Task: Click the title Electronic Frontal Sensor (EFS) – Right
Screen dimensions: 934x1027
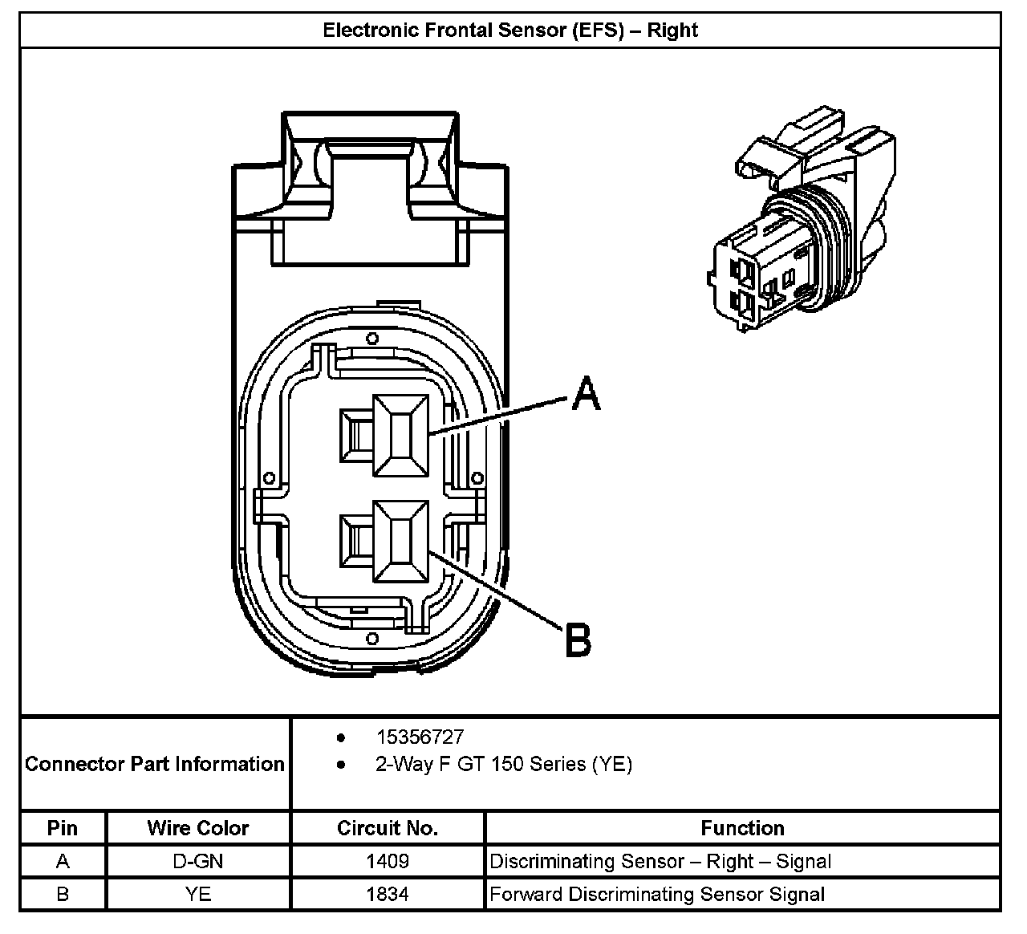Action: [510, 30]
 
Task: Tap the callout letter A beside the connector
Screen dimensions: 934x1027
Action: [587, 394]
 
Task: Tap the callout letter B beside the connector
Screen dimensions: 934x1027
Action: [578, 640]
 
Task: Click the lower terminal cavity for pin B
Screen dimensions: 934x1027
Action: [400, 541]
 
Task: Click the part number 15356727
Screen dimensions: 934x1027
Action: [420, 737]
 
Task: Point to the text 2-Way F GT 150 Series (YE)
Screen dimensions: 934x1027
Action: [503, 764]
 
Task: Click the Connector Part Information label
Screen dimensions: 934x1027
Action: [155, 763]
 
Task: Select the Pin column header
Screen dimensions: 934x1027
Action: [63, 827]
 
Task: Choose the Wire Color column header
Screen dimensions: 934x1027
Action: [198, 827]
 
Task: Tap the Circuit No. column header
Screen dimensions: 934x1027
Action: [388, 827]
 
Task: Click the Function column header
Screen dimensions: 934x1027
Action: [742, 827]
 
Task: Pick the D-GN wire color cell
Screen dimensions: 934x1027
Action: [198, 861]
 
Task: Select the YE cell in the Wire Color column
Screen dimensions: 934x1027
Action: [198, 893]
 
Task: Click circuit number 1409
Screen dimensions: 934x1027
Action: [388, 861]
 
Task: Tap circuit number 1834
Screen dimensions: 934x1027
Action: [388, 893]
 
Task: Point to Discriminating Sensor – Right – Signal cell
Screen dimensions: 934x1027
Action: [660, 861]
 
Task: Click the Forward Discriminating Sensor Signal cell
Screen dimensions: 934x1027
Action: [656, 893]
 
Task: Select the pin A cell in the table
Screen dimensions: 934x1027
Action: [63, 861]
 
